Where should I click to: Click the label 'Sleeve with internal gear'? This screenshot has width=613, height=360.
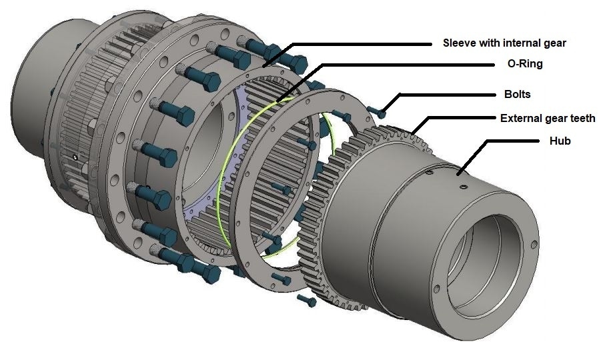click(x=504, y=43)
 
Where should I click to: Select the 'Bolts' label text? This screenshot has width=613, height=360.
click(x=517, y=94)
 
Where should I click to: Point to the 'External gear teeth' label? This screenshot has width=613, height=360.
click(x=548, y=118)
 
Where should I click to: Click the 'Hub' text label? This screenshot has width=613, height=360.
click(x=559, y=141)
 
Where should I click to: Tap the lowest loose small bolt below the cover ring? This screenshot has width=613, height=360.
click(x=308, y=301)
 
